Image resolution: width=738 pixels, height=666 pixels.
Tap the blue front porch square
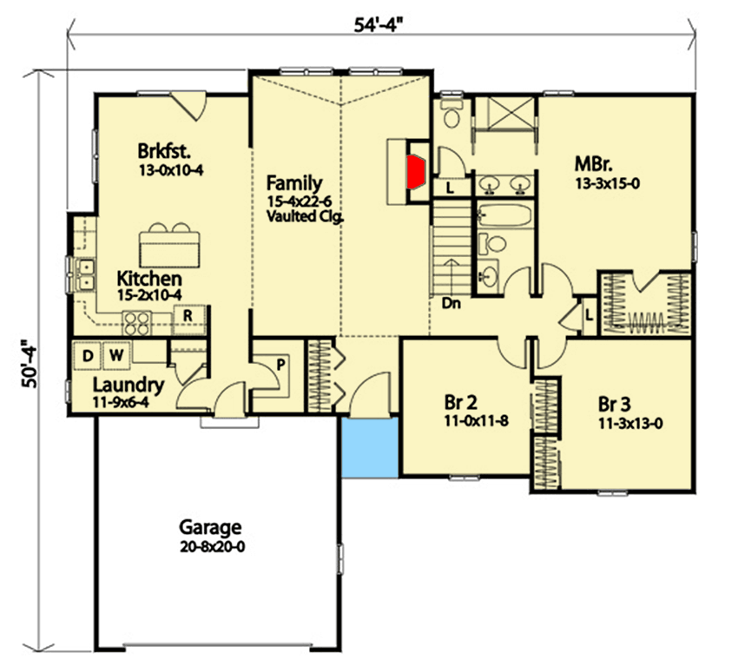(x=371, y=448)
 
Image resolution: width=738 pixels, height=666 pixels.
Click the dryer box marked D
(x=88, y=353)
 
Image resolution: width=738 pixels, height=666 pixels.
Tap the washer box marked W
(x=115, y=353)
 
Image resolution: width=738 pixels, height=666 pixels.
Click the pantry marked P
(x=280, y=364)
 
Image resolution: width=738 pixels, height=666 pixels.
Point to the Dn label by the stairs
(x=451, y=304)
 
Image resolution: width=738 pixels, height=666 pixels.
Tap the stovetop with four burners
(x=137, y=321)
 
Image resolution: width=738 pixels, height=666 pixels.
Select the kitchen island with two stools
(x=169, y=247)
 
